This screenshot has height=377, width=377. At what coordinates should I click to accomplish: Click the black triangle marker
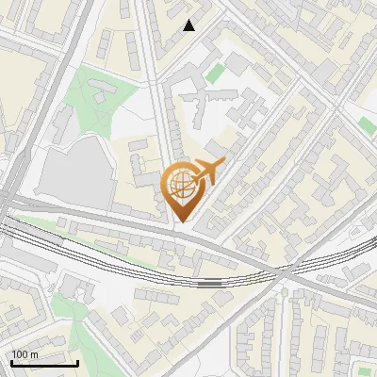click(x=189, y=25)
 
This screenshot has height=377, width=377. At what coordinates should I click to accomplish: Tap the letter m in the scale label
click(x=34, y=353)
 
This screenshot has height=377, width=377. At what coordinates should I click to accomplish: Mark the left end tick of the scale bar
click(x=11, y=362)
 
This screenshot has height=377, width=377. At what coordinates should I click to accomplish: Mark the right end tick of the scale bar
click(x=77, y=362)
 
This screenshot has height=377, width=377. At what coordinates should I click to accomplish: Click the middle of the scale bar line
click(x=44, y=364)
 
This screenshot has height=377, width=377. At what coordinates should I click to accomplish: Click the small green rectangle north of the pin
click(x=216, y=73)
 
